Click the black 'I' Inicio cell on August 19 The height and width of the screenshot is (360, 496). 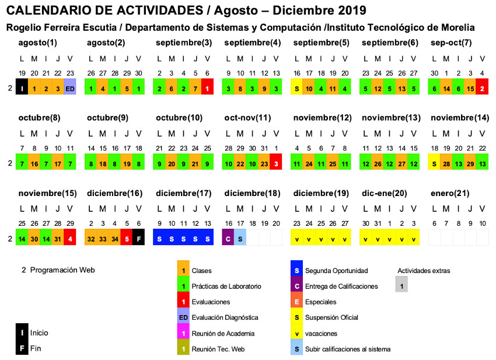pyautogui.click(x=22, y=89)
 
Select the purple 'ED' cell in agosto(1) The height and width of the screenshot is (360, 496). pyautogui.click(x=70, y=89)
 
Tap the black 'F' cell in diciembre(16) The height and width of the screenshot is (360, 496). pyautogui.click(x=138, y=238)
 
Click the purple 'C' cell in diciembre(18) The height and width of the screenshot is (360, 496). pyautogui.click(x=229, y=238)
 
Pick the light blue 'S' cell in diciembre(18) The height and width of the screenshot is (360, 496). pyautogui.click(x=240, y=238)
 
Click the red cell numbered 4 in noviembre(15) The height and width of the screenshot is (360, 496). pyautogui.click(x=70, y=238)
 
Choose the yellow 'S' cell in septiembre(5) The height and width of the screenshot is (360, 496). pyautogui.click(x=297, y=89)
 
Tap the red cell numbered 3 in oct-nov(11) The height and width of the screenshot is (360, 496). pyautogui.click(x=276, y=163)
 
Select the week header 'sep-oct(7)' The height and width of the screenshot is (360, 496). pyautogui.click(x=451, y=43)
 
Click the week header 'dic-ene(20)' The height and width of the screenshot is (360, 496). pyautogui.click(x=385, y=193)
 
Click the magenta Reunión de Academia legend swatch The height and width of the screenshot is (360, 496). pyautogui.click(x=183, y=333)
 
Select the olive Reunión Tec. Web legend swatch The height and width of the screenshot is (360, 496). pyautogui.click(x=183, y=349)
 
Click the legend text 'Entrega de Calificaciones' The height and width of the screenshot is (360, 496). pyautogui.click(x=341, y=286)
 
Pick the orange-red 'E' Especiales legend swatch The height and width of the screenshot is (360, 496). pyautogui.click(x=297, y=302)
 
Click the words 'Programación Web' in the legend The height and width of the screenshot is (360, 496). pyautogui.click(x=62, y=270)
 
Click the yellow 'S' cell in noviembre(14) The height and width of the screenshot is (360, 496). pyautogui.click(x=435, y=163)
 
